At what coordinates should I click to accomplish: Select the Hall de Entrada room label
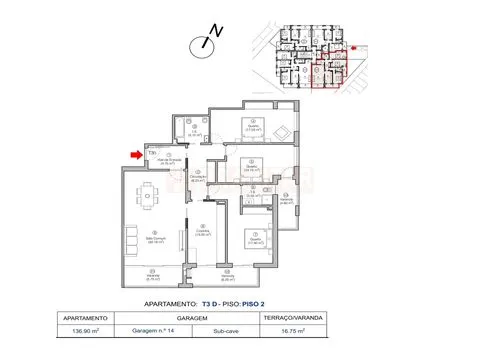point(169,160)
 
